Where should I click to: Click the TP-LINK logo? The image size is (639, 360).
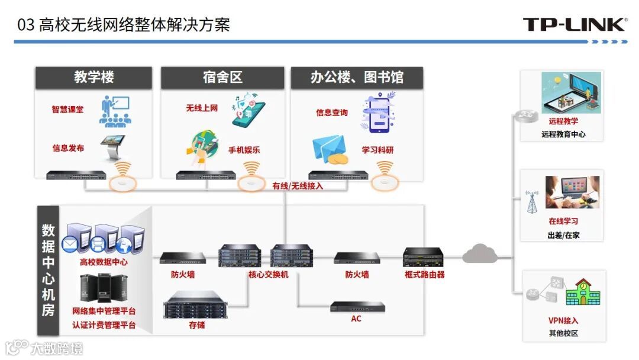[x=574, y=24]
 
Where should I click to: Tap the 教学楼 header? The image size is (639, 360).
[x=93, y=78]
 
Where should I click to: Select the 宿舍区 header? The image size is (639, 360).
[x=222, y=78]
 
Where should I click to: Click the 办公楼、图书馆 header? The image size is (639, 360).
[x=357, y=78]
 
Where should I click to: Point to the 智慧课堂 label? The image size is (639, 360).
[x=67, y=110]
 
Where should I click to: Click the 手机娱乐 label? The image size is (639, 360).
[x=244, y=150]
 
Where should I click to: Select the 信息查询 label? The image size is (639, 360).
[x=331, y=112]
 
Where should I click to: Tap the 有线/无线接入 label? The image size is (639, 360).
[x=298, y=186]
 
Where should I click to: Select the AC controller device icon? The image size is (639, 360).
[x=357, y=307]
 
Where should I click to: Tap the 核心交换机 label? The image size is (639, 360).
[x=268, y=275]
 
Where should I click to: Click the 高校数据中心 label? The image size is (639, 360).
[x=104, y=262]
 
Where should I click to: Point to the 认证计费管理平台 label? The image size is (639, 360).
[x=104, y=325]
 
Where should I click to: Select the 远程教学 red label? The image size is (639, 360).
[x=563, y=121]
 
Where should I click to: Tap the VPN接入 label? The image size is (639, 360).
[x=563, y=321]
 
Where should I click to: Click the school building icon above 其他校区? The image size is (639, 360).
[x=583, y=291]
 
